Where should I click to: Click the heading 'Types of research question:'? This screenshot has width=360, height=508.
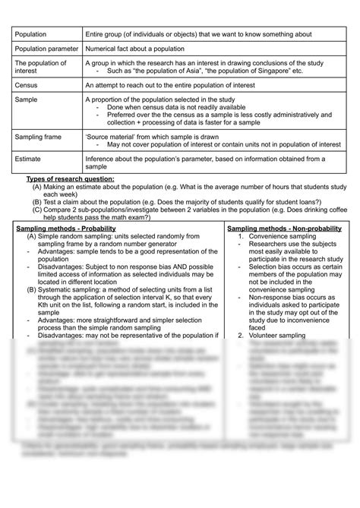[71, 178]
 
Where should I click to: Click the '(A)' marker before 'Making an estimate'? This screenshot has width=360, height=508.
[36, 187]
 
